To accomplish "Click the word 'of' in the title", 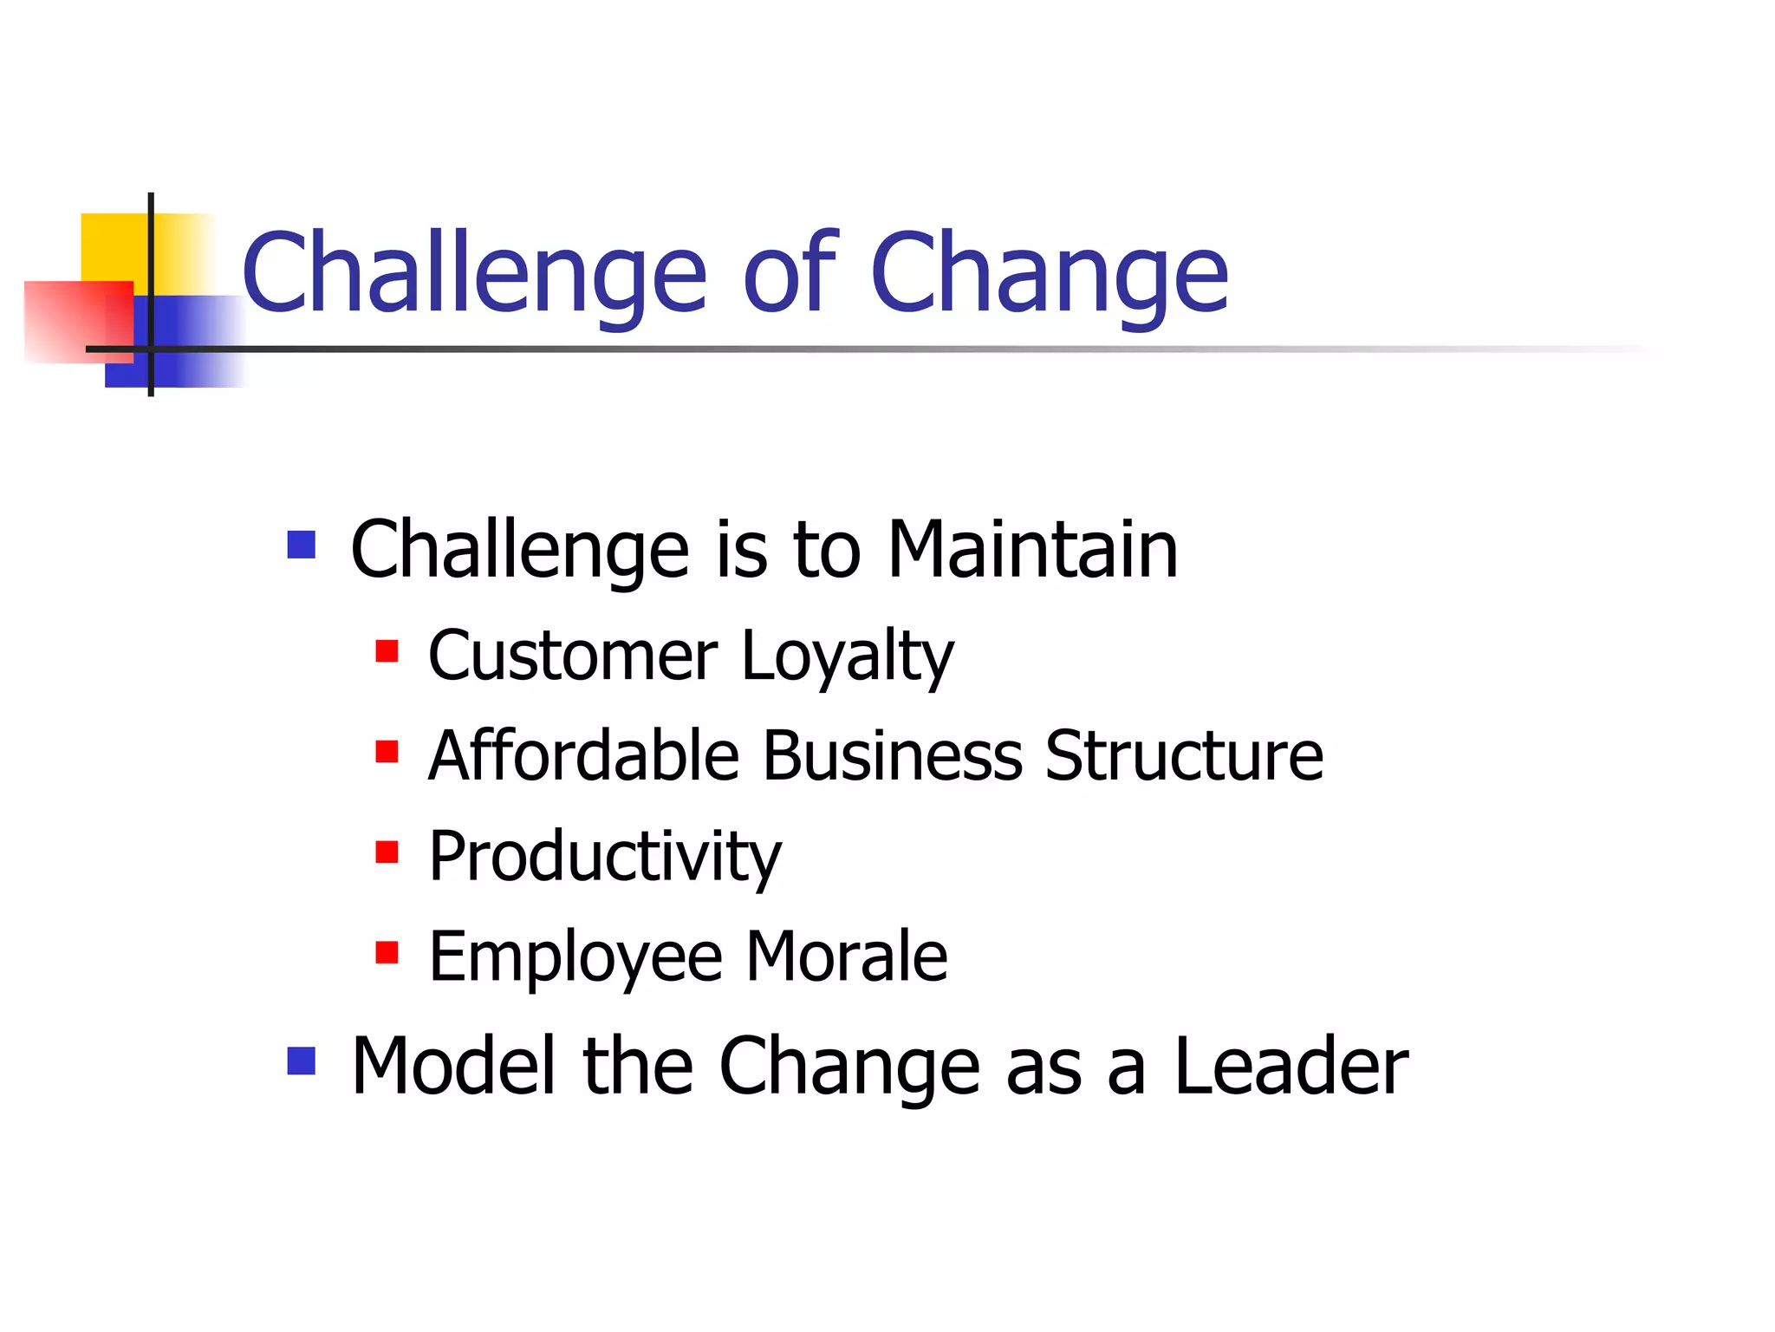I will coord(789,273).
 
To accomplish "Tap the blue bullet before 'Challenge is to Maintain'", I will coord(301,545).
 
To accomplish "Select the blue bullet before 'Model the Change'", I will coord(301,1061).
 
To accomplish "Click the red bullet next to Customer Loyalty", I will coord(387,650).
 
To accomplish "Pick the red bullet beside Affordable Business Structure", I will coord(387,751).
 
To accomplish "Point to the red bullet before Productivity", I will coord(387,852).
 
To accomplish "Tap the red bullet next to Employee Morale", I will coord(387,952).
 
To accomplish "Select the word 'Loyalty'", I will coord(847,656).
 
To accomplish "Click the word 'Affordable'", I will coord(583,755).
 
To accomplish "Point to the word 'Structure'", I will coord(1184,755).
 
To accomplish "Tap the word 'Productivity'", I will coord(605,858).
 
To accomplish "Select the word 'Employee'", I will coord(575,957).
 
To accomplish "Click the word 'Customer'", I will coord(572,656).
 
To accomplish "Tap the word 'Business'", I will coord(892,755).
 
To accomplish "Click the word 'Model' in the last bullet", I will coord(452,1066).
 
